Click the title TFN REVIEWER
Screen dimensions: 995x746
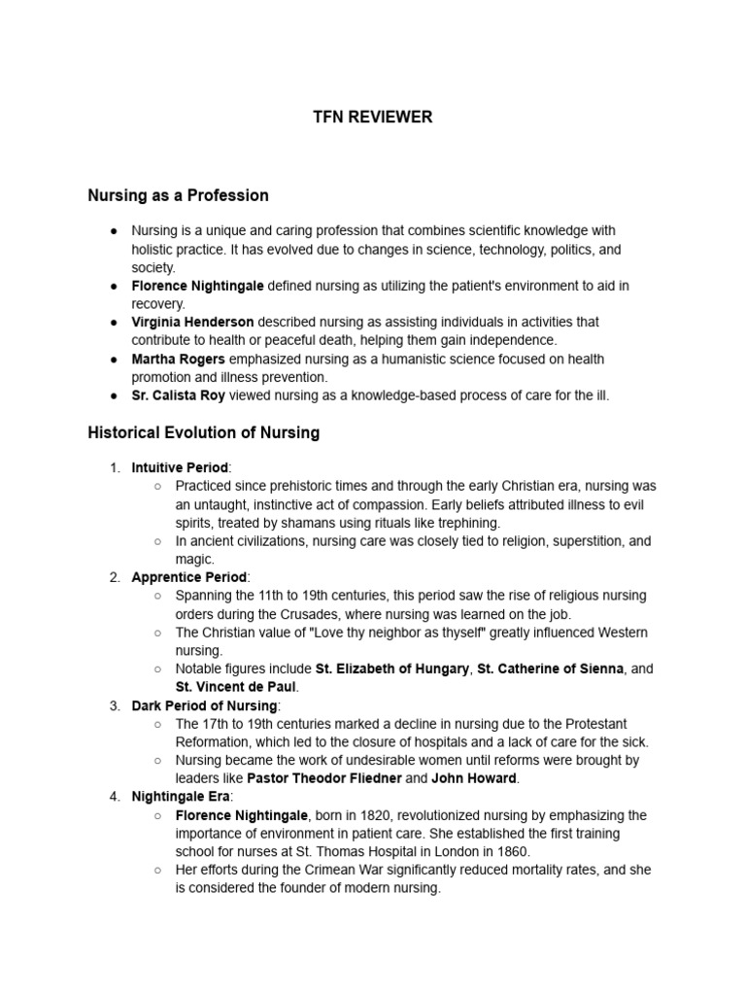coord(373,118)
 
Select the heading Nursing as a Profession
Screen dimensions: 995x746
coord(178,195)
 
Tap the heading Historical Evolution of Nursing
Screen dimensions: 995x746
coord(203,432)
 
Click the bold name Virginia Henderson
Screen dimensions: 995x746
coord(192,322)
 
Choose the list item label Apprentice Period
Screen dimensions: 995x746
coord(189,577)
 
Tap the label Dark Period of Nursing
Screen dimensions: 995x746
coord(205,705)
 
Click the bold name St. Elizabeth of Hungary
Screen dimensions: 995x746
coord(392,669)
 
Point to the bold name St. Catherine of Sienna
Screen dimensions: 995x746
coord(547,669)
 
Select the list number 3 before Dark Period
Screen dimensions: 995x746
coord(114,705)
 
